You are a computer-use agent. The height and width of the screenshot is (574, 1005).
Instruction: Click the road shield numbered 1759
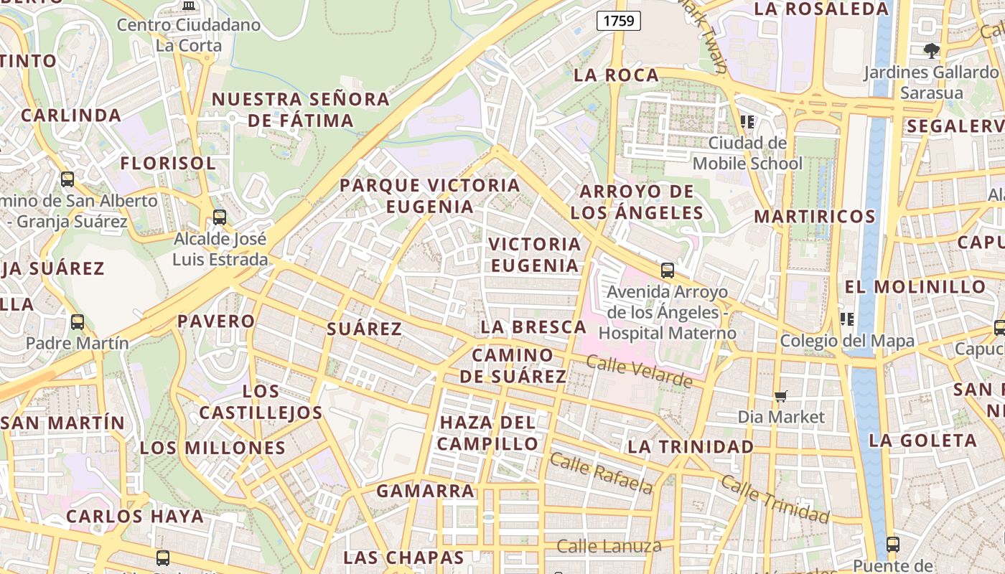click(619, 21)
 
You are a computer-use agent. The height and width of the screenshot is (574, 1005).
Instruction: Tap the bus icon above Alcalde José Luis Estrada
click(220, 217)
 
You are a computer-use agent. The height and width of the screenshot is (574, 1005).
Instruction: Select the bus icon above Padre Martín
click(78, 322)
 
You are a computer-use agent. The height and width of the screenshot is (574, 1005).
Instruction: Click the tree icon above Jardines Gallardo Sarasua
click(932, 50)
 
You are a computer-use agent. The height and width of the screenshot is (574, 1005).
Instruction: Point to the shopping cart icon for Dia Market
click(781, 396)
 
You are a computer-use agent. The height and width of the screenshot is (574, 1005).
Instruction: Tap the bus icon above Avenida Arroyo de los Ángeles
click(668, 270)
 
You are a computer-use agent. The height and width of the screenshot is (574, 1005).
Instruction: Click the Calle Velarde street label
click(639, 370)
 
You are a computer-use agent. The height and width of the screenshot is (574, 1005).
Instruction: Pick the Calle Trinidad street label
click(775, 498)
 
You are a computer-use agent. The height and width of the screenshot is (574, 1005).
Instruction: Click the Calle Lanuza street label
click(609, 547)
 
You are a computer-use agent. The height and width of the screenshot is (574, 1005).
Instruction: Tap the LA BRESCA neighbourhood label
click(533, 327)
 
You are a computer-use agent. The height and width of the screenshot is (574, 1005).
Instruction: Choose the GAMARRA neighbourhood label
click(426, 491)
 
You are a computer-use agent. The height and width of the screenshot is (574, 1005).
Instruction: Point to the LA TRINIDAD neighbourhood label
click(691, 447)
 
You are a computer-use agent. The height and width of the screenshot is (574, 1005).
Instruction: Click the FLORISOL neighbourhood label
click(168, 164)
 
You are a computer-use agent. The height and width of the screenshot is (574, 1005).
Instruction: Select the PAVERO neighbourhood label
click(216, 321)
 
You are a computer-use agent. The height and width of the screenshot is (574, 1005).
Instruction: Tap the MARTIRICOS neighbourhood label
click(815, 217)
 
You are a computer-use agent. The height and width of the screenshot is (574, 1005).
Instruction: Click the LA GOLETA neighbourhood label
click(923, 441)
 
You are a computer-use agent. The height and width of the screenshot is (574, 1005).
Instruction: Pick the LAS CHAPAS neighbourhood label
click(403, 557)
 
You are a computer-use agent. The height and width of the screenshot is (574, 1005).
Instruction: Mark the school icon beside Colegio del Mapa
click(846, 319)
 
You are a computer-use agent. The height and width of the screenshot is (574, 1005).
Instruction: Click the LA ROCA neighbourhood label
click(617, 75)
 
